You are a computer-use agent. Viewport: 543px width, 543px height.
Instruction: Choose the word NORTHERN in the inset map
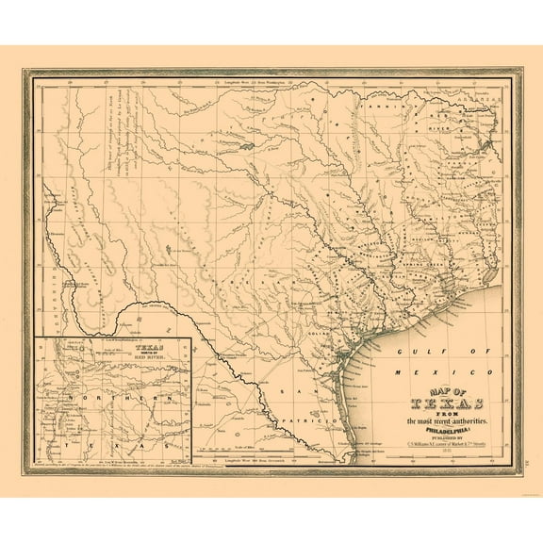click(111, 400)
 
